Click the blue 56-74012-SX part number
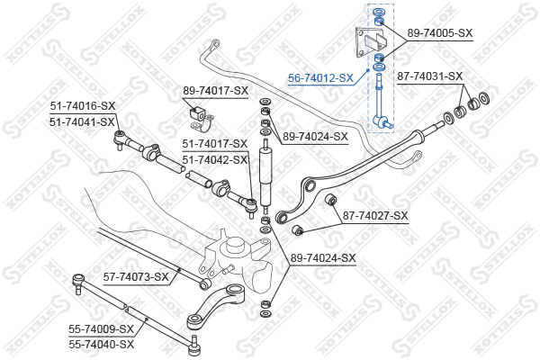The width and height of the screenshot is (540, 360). click(320, 78)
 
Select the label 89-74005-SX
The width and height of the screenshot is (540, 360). click(439, 33)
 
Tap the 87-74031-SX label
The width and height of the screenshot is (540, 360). click(429, 76)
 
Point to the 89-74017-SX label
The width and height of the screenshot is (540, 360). click(215, 91)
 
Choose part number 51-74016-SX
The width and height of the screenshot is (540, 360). click(82, 107)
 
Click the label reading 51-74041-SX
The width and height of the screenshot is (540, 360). click(82, 121)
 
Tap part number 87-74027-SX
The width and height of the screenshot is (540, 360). click(375, 216)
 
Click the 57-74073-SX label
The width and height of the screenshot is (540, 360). click(136, 276)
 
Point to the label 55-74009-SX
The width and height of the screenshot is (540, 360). click(101, 329)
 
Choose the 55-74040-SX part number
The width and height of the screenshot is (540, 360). click(101, 344)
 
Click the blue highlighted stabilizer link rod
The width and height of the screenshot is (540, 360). click(382, 99)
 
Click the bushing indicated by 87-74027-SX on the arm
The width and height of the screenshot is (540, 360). click(330, 200)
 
